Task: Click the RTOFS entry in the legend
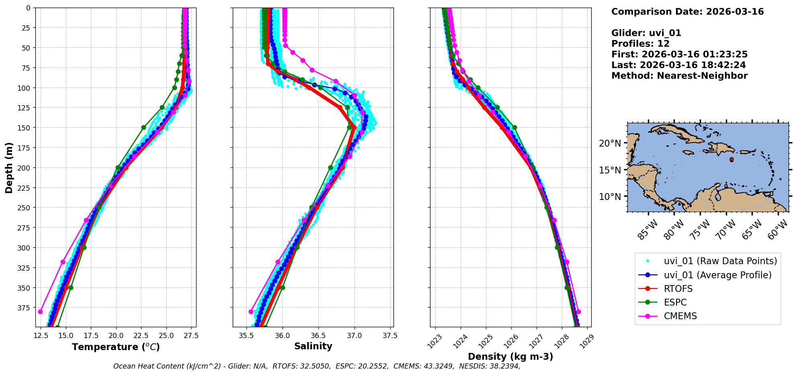[678, 289]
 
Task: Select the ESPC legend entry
[675, 302]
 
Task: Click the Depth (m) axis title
[9, 167]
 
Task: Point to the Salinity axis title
[313, 346]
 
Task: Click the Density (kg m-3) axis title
[510, 357]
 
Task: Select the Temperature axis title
[116, 347]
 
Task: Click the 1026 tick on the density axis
[510, 341]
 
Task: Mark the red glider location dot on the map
[731, 159]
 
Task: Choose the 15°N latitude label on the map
[610, 170]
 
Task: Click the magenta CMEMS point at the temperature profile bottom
[40, 312]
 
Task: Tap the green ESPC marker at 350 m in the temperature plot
[71, 287]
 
